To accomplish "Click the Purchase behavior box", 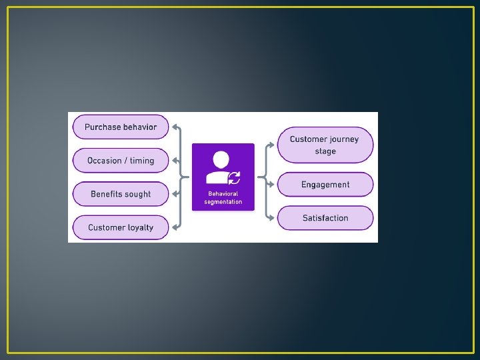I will tap(121, 127).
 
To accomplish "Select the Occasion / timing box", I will tap(121, 161).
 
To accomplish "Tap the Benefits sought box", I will tap(121, 194).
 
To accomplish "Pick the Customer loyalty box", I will tap(121, 227).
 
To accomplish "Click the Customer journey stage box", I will tap(325, 145).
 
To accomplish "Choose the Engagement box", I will tap(325, 185).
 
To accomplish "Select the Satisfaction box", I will tap(325, 218).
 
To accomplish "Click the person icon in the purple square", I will tap(219, 167).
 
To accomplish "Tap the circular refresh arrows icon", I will tap(235, 178).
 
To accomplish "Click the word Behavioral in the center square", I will tap(223, 194).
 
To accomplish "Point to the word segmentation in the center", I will tap(223, 201).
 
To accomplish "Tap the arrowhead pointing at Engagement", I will tap(271, 185).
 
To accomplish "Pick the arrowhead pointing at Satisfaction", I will tap(271, 218).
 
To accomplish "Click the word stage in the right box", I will tap(325, 151).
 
